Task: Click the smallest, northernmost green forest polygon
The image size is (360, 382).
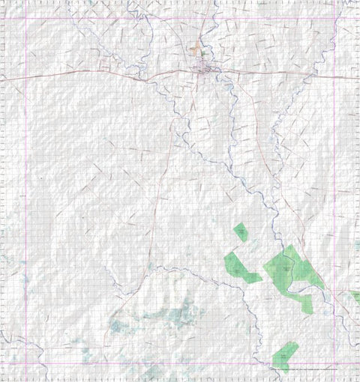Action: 240,231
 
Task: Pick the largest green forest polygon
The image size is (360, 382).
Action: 289,267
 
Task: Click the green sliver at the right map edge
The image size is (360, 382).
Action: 355,297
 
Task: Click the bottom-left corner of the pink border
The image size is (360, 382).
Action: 26,364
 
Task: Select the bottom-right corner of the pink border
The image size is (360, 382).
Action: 334,364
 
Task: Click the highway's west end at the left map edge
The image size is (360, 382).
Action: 1,79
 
